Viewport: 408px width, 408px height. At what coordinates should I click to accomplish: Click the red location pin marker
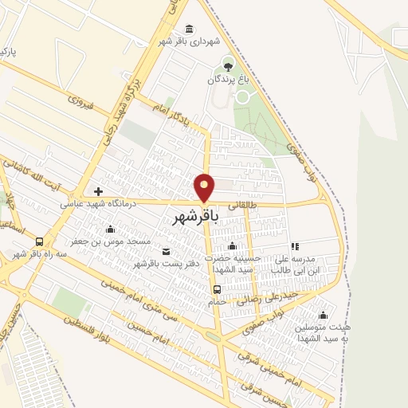tap(205, 187)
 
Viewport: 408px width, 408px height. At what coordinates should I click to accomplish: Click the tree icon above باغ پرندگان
tap(229, 65)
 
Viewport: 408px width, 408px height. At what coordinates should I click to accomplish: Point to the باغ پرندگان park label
tap(229, 79)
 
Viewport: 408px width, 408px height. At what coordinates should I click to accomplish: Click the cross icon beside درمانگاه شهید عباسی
tap(98, 191)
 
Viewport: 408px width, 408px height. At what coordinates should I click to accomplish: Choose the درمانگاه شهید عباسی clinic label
tap(99, 204)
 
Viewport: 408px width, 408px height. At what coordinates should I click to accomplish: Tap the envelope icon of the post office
tap(166, 252)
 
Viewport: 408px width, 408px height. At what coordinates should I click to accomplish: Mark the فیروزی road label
tap(81, 103)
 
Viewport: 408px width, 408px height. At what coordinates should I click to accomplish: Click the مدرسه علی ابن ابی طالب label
tap(295, 264)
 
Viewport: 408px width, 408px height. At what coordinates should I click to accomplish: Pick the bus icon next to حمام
tap(218, 288)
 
